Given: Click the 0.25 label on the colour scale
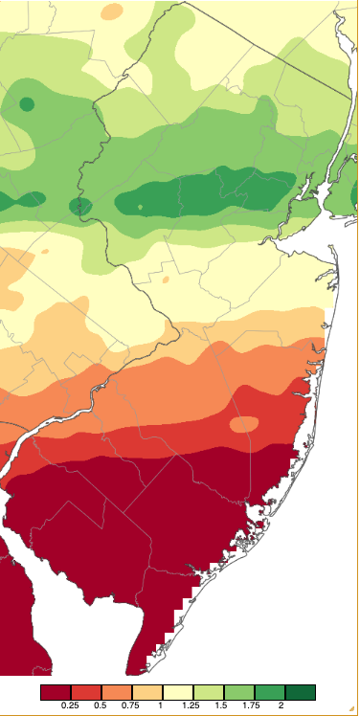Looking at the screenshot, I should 71,705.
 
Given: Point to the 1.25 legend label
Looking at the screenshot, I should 193,705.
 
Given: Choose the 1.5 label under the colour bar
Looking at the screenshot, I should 224,705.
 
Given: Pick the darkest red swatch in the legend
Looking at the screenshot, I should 56,692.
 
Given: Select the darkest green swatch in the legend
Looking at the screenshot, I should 301,692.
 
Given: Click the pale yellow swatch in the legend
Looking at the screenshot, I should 178,692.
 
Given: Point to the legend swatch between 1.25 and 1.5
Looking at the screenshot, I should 209,692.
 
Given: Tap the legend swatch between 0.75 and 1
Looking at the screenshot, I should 147,692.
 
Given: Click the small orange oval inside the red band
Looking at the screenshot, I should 244,424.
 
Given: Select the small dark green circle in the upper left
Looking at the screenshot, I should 27,103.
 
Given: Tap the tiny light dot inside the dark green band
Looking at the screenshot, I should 140,206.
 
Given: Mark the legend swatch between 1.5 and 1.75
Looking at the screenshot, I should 239,692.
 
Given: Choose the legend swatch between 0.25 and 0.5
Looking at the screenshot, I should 86,692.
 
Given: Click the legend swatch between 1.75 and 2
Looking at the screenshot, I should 270,692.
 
